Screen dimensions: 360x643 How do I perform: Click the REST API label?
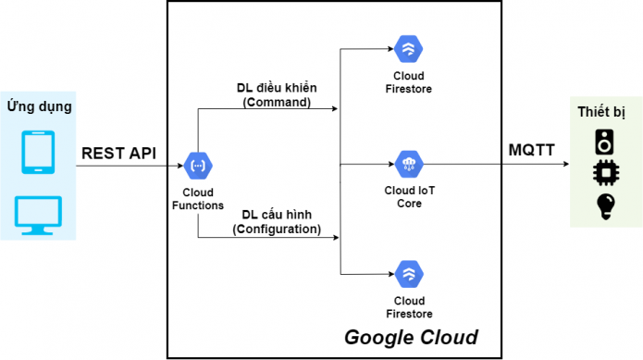pos(119,152)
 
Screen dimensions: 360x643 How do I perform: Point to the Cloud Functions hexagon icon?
pos(198,167)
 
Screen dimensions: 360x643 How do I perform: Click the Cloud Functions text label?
pos(198,198)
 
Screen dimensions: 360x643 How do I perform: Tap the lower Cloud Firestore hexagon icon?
pos(408,273)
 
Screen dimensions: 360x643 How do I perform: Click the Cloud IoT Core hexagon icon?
pos(408,166)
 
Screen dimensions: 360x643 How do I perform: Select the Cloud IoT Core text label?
pos(408,197)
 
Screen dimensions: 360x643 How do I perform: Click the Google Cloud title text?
pos(411,338)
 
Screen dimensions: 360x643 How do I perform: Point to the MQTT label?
pos(533,150)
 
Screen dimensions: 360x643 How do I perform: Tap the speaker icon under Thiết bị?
pos(604,142)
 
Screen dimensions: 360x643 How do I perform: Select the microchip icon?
pos(604,174)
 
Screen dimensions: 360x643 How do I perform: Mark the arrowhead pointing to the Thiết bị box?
pos(566,167)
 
